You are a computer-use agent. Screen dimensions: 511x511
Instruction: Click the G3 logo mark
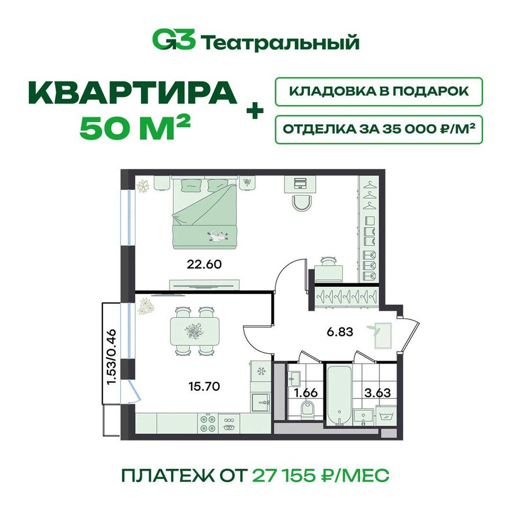pos(174,41)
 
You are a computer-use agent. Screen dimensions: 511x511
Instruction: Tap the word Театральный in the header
pos(280,42)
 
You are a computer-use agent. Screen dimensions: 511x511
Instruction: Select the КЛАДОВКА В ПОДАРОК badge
pos(379,92)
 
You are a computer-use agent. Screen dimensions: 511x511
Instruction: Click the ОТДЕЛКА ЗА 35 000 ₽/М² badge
pos(379,129)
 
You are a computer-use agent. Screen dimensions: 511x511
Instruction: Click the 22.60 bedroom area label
pos(204,264)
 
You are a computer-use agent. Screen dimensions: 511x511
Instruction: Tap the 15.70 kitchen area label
pos(204,387)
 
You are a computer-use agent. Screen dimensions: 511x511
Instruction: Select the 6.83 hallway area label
pos(340,332)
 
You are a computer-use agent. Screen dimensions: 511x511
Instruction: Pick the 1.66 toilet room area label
pos(305,393)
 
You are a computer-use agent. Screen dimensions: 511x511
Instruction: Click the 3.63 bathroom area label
pos(377,393)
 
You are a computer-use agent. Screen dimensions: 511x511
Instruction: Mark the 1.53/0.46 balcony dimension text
pos(111,357)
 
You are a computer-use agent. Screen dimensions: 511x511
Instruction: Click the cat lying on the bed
pos(217,235)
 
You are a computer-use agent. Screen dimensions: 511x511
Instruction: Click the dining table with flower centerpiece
pos(195,332)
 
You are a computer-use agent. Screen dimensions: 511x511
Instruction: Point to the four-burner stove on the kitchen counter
pos(208,423)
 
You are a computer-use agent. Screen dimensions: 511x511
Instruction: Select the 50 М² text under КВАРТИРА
pos(135,129)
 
